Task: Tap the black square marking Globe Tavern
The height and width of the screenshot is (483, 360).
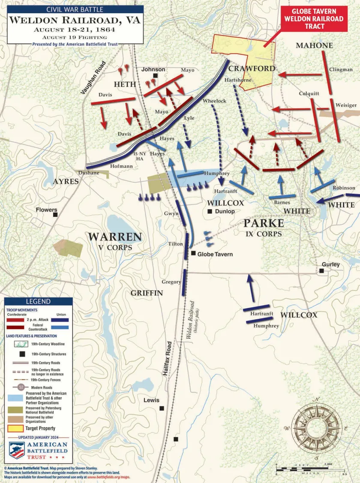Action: click(193, 253)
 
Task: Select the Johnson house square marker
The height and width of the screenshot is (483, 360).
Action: click(156, 76)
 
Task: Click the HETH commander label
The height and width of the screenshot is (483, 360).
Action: click(125, 84)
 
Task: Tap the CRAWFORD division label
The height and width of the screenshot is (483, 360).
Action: click(252, 69)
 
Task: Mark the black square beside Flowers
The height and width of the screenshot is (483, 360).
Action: click(55, 215)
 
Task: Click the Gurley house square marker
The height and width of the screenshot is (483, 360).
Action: click(321, 271)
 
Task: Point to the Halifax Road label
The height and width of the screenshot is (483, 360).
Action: click(168, 358)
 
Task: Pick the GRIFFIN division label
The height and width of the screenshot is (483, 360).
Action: click(147, 293)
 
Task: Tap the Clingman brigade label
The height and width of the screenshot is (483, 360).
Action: click(341, 69)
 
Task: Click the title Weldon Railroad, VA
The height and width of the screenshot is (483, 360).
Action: click(75, 20)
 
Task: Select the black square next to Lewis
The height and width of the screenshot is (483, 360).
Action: click(162, 408)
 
